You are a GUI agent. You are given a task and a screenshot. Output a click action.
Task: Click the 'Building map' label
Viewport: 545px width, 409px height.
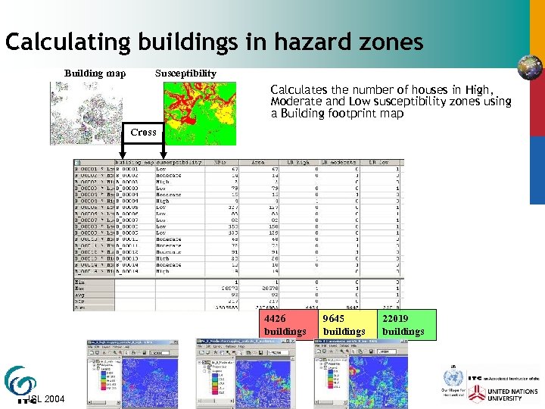[x=95, y=73]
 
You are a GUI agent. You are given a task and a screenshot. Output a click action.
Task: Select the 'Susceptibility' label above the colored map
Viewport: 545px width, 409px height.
[x=185, y=73]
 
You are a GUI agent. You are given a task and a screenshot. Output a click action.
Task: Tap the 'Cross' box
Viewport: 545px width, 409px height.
[x=143, y=132]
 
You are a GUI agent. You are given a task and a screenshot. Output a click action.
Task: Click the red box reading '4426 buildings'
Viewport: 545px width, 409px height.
[x=285, y=325]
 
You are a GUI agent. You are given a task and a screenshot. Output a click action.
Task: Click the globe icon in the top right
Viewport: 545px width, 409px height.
[x=529, y=67]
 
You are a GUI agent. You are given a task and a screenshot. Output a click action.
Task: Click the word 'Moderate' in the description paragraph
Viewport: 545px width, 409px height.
[x=296, y=101]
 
